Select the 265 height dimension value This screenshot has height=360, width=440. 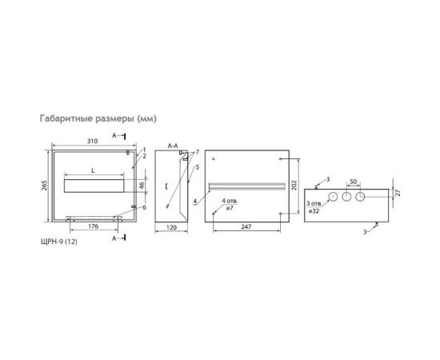(45, 186)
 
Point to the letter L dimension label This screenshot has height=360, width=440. (94, 171)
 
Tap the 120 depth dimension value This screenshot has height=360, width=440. (171, 227)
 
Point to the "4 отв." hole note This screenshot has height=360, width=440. (230, 200)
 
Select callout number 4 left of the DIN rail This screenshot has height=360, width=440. (194, 201)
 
